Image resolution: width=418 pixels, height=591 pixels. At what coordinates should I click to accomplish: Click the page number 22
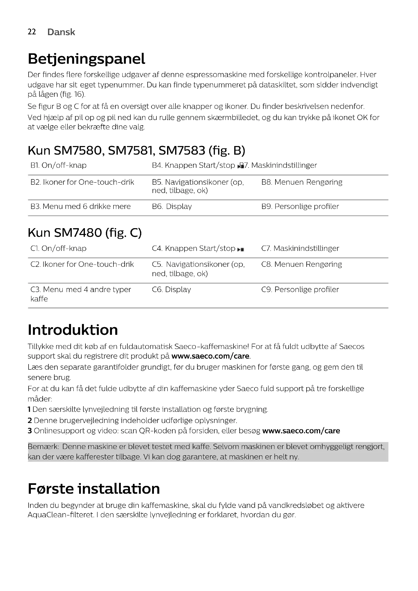pos(32,32)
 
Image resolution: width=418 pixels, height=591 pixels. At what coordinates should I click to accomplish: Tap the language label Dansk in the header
pos(61,32)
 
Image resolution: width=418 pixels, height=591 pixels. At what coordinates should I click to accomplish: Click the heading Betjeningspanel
pos(86,59)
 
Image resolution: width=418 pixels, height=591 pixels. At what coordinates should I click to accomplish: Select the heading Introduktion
pos(73,330)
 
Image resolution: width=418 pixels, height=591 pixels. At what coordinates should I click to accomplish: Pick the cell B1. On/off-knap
pos(58,165)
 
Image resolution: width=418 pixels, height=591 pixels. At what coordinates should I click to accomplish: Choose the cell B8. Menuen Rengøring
pos(302,182)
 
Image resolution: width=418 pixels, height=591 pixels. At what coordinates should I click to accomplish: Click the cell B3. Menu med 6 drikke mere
pos(81,206)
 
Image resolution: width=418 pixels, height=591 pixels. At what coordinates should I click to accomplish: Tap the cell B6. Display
pos(172,206)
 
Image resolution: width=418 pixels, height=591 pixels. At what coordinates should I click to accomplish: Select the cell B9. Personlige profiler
pos(300,206)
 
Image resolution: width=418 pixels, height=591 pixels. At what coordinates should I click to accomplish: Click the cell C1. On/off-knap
pos(58,248)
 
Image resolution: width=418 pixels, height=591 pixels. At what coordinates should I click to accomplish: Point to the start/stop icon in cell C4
pos(241,249)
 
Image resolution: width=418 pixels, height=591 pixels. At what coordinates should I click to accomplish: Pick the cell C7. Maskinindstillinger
pos(300,248)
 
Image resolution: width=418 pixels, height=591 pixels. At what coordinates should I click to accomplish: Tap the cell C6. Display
pos(171,290)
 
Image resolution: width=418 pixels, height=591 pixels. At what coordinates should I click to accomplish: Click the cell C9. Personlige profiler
pos(300,290)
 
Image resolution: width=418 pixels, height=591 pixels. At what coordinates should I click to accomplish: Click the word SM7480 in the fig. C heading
pos(78,233)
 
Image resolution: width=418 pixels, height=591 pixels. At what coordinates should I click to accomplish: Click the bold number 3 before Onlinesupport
pos(30,431)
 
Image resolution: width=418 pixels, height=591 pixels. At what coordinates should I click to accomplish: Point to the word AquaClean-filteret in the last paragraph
pos(60,515)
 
